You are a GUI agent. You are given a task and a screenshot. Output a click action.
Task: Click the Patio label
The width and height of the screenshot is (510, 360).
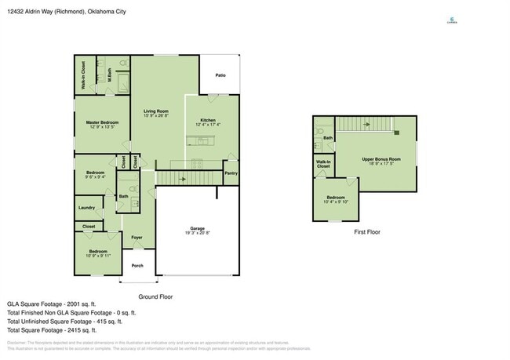point(221,75)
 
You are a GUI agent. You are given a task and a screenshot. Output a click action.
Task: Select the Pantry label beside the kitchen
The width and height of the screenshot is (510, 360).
point(231,173)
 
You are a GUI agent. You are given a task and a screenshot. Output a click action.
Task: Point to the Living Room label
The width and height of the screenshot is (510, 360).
point(156,111)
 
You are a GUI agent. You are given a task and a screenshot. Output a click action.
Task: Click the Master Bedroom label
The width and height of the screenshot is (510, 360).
point(102,122)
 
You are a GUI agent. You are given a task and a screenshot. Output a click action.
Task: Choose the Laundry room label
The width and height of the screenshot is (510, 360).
point(86,208)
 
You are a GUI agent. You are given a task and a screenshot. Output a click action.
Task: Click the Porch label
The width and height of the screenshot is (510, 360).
point(137,266)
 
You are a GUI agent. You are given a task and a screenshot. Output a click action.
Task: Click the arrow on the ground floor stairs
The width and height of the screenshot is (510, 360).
point(183,179)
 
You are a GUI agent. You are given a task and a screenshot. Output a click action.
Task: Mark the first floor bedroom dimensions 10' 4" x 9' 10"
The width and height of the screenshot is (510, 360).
point(336,202)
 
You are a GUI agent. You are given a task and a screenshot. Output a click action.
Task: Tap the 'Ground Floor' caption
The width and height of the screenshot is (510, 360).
point(155,296)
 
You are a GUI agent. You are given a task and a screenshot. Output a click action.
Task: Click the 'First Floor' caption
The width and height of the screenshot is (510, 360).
point(367,232)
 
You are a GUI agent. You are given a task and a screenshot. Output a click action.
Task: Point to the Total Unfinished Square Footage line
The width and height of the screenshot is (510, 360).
point(62,322)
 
